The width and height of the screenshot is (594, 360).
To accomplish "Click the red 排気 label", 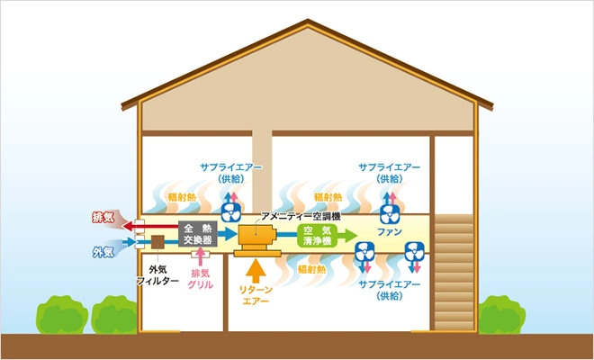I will pyautogui.click(x=102, y=218).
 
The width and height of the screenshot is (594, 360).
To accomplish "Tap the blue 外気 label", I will pyautogui.click(x=102, y=252).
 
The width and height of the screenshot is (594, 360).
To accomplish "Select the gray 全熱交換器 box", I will pyautogui.click(x=196, y=234).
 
